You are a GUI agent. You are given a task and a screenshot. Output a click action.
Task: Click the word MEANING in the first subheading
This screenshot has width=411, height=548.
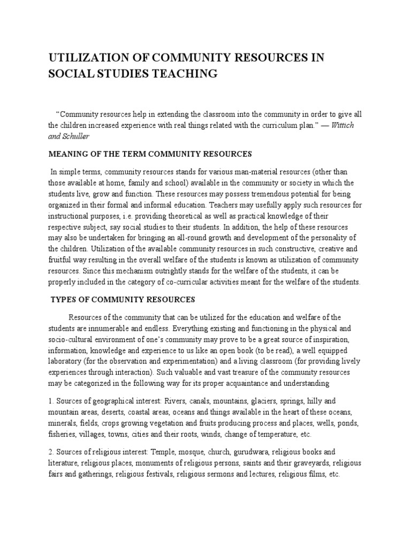click(x=68, y=154)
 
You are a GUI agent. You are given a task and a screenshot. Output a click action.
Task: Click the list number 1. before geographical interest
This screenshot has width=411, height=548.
click(x=51, y=401)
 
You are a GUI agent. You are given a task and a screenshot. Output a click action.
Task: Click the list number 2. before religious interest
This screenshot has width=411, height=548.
click(x=51, y=452)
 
